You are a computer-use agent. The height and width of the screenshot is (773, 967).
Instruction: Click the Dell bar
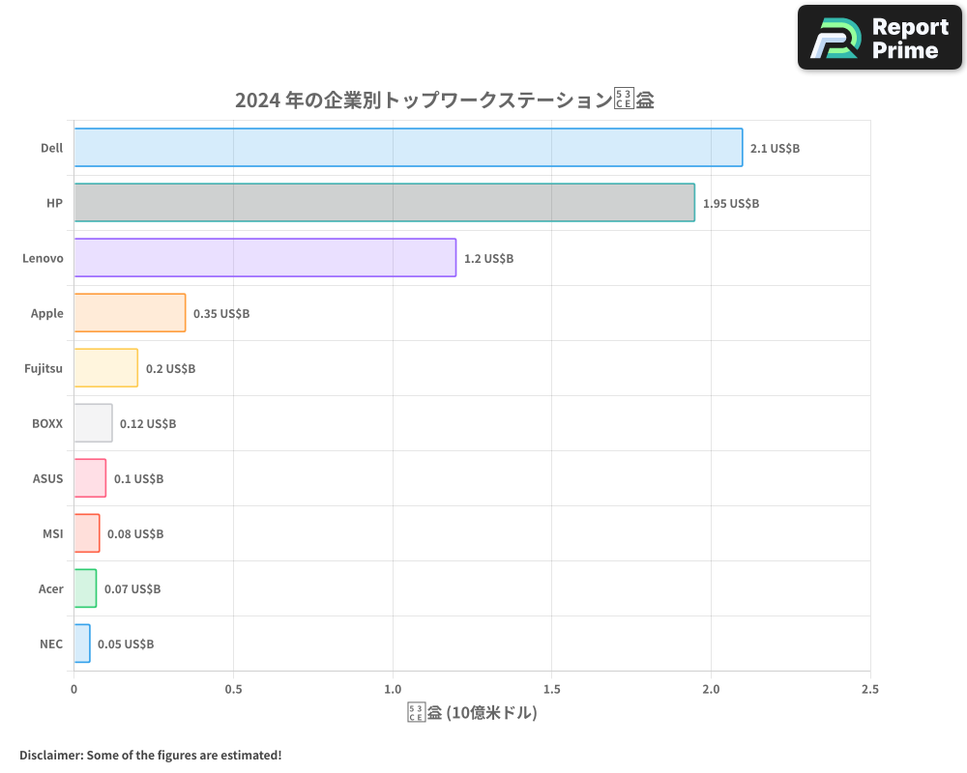click(408, 148)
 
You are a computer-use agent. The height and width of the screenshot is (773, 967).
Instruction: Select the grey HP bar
click(384, 203)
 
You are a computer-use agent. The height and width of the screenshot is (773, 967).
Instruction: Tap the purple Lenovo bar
click(264, 258)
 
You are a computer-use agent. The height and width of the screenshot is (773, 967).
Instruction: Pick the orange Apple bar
click(130, 313)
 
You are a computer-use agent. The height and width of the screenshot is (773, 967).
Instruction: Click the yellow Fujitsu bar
click(105, 368)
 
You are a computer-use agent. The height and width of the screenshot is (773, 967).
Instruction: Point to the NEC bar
click(82, 644)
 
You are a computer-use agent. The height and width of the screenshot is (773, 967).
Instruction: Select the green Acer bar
click(85, 588)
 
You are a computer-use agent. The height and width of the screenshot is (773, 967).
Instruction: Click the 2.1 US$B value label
click(775, 149)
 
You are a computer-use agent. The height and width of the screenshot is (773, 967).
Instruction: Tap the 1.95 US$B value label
click(730, 204)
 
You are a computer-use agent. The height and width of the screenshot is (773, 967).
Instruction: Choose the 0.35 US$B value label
click(221, 314)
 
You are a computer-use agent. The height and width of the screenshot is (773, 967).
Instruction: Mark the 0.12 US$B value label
click(148, 424)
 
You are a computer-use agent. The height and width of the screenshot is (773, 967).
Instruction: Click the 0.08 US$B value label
click(135, 534)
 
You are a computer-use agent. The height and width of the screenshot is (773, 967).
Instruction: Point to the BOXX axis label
click(46, 423)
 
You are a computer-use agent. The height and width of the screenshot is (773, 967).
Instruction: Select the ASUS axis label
click(48, 478)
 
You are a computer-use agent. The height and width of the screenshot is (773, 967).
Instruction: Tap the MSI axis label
click(53, 533)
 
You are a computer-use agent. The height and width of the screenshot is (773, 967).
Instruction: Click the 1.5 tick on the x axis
click(551, 690)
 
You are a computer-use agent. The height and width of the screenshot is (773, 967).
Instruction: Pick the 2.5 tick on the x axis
click(869, 690)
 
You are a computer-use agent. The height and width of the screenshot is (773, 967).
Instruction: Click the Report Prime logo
click(880, 38)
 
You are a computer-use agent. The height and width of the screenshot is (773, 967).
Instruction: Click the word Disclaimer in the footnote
click(50, 755)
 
